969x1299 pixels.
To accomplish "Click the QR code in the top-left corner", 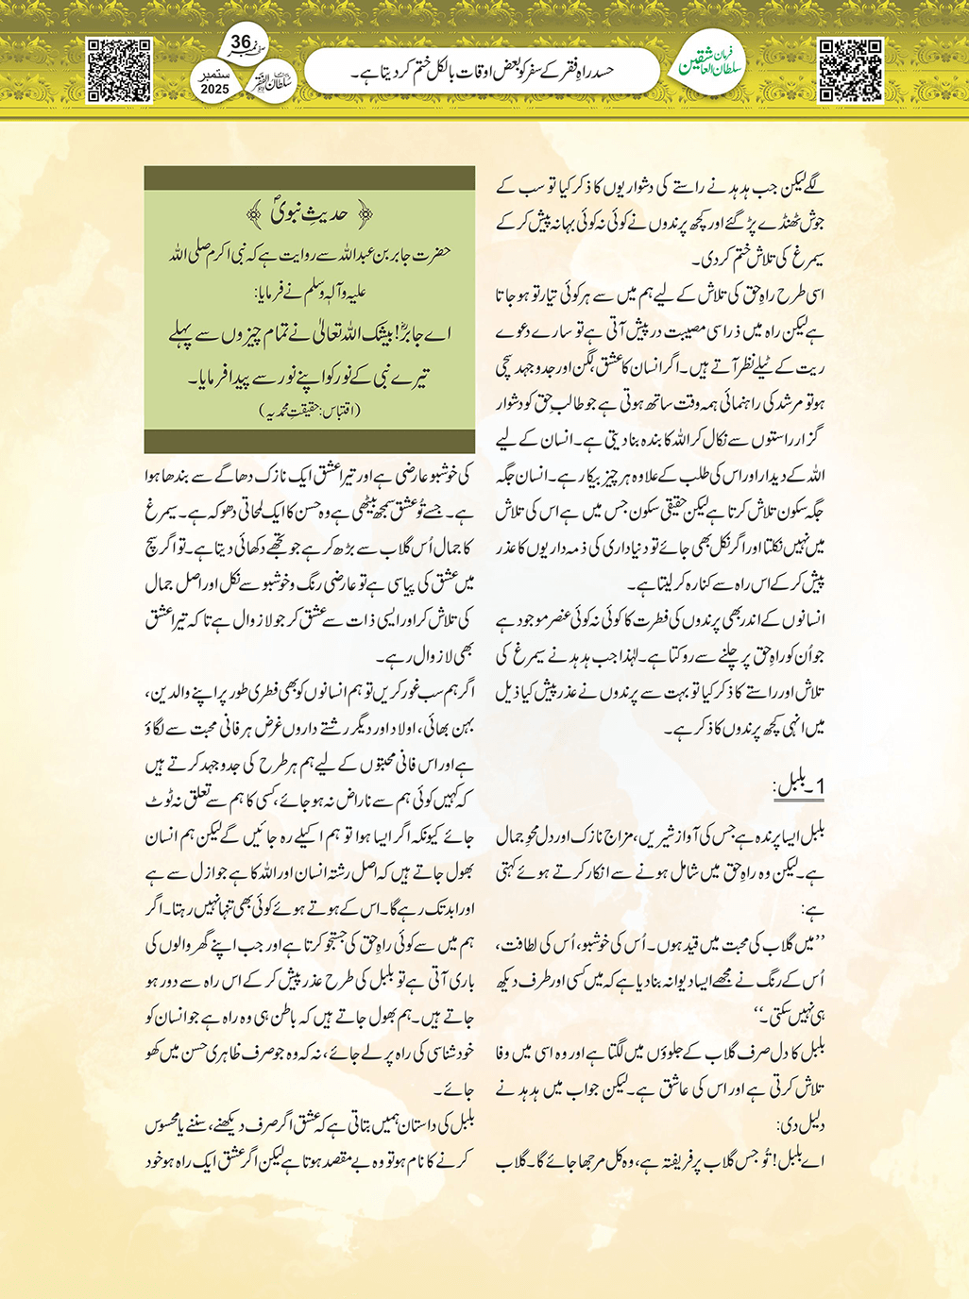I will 119,70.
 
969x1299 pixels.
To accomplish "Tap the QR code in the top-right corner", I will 850,70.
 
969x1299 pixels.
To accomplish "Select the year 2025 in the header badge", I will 215,89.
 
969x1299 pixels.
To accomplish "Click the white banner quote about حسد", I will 481,72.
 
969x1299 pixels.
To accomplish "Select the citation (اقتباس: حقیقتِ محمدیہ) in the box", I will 310,411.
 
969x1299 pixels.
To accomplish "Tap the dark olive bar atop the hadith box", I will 310,179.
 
